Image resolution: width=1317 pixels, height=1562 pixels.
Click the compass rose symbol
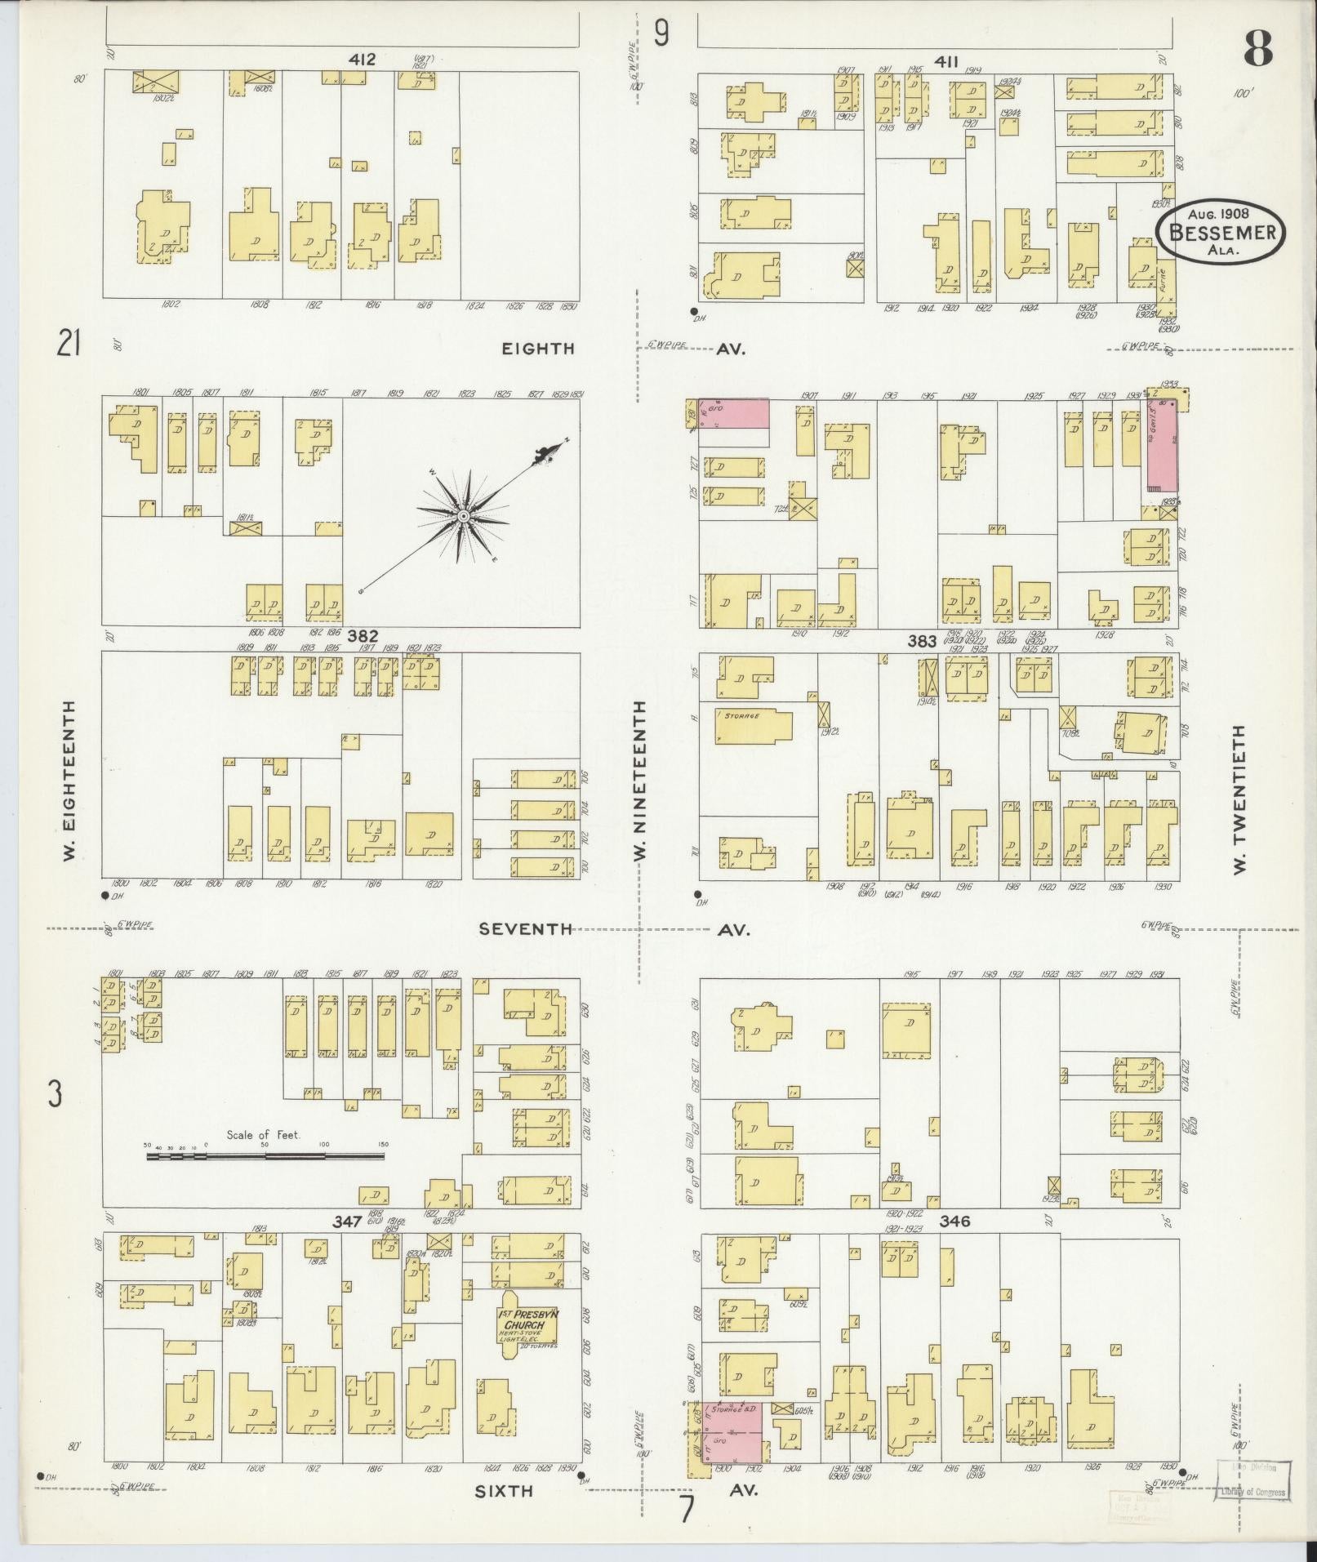(x=462, y=516)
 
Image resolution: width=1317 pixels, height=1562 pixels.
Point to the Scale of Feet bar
(x=265, y=1156)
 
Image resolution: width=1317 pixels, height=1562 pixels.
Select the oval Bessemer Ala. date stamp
(x=1220, y=231)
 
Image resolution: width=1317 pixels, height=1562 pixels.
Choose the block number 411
(x=947, y=60)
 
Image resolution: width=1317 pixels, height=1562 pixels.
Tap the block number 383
(x=923, y=642)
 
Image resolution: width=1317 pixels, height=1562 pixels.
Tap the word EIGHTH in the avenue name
(x=538, y=349)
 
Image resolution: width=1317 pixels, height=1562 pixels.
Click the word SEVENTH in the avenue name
(x=525, y=929)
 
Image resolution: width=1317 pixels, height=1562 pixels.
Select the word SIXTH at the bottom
(x=504, y=1490)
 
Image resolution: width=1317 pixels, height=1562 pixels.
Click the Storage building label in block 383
(x=741, y=715)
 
